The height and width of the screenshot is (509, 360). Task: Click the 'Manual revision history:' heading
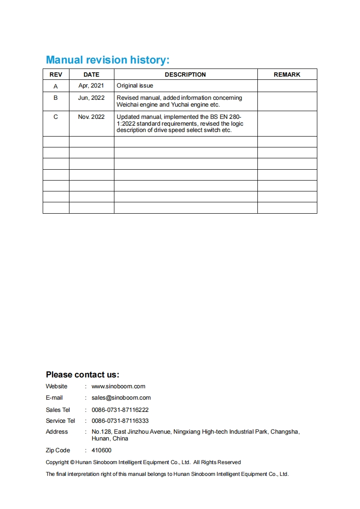click(108, 60)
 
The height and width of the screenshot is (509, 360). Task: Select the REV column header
click(56, 74)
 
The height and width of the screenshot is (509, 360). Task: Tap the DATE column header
click(91, 74)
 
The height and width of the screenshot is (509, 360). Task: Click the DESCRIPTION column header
click(185, 74)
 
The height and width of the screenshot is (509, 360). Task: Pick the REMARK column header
click(287, 74)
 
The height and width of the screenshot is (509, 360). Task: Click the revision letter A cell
click(56, 86)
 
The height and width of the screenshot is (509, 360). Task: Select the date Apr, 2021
click(91, 85)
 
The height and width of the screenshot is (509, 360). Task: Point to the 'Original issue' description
click(135, 85)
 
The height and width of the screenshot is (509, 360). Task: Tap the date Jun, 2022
click(91, 98)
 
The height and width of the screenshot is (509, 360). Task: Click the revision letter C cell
click(56, 117)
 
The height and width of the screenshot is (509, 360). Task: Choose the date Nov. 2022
click(91, 117)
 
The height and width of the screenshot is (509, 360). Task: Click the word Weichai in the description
click(128, 104)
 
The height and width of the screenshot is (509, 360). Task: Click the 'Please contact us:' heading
click(83, 375)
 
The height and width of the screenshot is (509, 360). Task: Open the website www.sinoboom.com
click(118, 387)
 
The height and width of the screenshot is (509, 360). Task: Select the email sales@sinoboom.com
click(121, 398)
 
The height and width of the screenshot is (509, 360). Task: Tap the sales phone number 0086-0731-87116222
click(120, 410)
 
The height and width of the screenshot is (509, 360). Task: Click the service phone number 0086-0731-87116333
click(120, 421)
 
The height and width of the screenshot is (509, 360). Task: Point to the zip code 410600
click(101, 450)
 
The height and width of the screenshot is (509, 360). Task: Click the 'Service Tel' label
click(60, 421)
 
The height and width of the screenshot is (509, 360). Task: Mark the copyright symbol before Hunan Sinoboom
click(73, 462)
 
